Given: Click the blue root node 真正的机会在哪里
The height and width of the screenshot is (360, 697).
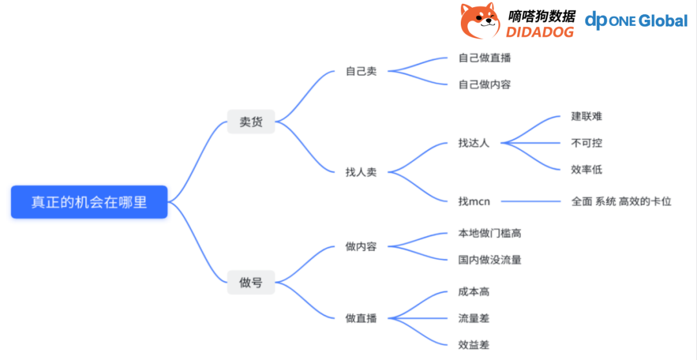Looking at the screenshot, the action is coord(89,202).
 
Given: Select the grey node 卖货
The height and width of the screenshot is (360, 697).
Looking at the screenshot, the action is coord(251,122).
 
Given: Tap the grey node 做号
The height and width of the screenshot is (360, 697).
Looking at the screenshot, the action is coord(251,282).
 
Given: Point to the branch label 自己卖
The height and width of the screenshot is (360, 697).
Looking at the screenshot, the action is coord(361,71).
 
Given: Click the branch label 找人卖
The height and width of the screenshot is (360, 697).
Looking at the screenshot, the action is coord(361,172).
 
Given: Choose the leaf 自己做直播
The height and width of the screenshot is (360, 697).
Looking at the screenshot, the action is coord(485,58).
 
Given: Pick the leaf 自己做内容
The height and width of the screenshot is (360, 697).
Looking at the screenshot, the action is coord(485,85).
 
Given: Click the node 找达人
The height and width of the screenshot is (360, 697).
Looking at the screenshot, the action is coord(474,143).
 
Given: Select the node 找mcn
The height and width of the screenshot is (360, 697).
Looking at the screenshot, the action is coord(474,201).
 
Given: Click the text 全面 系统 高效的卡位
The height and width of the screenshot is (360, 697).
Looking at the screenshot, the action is coord(621,201).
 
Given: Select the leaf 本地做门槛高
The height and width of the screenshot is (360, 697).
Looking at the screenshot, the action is coord(489,233).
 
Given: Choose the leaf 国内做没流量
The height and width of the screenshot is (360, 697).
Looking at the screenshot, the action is coord(489,259).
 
